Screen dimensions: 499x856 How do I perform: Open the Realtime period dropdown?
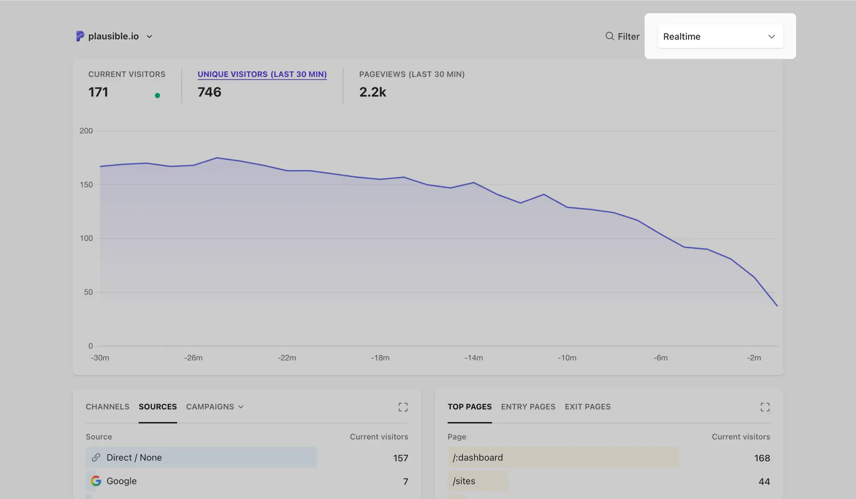point(720,36)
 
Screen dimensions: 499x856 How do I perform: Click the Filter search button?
point(622,36)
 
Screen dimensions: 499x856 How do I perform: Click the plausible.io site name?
point(113,36)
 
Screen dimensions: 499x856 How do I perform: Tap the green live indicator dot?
point(158,95)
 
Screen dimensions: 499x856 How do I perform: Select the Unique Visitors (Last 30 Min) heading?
point(262,74)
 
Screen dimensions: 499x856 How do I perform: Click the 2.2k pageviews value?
point(372,92)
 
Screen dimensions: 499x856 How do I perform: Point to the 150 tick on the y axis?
point(86,184)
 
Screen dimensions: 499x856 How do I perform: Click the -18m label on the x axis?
point(380,358)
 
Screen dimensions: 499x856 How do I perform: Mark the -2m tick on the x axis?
point(754,358)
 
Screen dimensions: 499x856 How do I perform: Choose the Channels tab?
point(107,407)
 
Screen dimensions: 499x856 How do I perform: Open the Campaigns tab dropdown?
point(214,407)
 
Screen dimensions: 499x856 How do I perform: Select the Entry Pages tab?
point(528,407)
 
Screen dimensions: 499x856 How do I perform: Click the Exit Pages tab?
point(587,407)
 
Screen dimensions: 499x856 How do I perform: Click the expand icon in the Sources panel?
point(403,407)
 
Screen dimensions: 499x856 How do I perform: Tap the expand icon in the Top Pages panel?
point(765,407)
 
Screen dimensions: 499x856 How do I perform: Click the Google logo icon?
point(96,481)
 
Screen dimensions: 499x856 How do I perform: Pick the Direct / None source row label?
point(134,457)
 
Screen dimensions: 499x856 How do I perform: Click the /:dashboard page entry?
point(478,457)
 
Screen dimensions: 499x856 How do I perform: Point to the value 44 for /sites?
point(764,481)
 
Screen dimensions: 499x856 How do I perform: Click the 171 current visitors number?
point(98,92)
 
